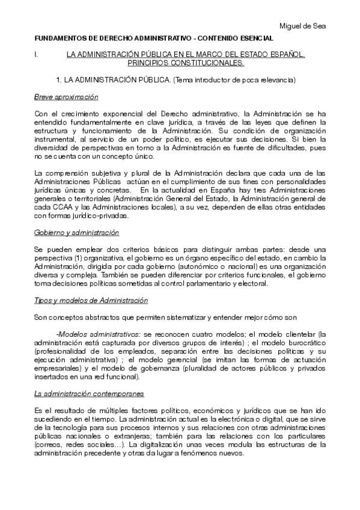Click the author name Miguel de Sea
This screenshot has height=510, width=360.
(x=305, y=26)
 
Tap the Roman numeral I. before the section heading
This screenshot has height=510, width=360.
(x=37, y=55)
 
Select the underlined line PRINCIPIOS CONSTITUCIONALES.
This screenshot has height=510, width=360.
(x=185, y=63)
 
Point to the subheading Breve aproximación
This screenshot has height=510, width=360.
(x=66, y=97)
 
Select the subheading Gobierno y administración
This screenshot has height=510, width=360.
(x=76, y=232)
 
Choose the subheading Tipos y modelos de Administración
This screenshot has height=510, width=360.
(x=90, y=300)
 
